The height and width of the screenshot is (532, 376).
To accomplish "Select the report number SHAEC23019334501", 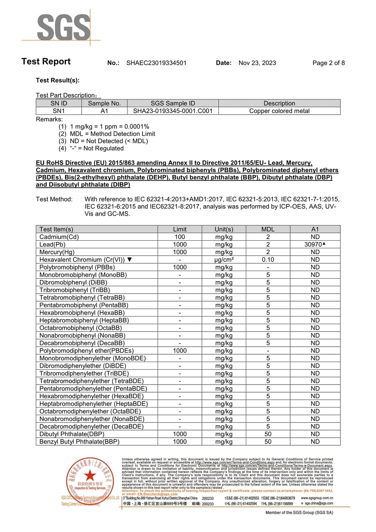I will [x=156, y=63].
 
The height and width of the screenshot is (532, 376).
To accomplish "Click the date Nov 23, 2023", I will [x=257, y=63].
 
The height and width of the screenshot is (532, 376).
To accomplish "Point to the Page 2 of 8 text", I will [x=328, y=63].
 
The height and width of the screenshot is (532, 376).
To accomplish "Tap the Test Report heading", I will [x=46, y=61].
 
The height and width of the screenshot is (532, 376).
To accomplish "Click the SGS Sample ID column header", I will [x=173, y=103].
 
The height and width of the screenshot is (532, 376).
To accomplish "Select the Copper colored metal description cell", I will [x=279, y=111].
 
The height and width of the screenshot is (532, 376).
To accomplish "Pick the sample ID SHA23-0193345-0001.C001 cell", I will [x=173, y=111].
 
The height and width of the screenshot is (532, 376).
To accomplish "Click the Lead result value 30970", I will [x=313, y=244].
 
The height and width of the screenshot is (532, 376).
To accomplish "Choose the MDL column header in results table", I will [x=268, y=229].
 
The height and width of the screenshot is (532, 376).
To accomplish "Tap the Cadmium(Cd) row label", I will [x=59, y=237].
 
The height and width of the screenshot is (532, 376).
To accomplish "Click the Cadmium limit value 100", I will [x=179, y=237].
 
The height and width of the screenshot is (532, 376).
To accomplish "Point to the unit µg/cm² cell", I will [x=224, y=259].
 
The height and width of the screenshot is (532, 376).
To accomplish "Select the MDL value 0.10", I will [x=268, y=259].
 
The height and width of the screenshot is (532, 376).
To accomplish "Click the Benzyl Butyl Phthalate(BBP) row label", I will [x=79, y=441].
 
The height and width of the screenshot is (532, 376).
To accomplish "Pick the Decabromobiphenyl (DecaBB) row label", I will [x=82, y=343].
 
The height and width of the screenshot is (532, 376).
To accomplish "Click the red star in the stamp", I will [x=89, y=475].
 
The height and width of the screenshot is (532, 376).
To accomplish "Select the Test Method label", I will [x=54, y=199].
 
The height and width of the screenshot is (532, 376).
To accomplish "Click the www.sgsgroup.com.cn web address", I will [x=317, y=498].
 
